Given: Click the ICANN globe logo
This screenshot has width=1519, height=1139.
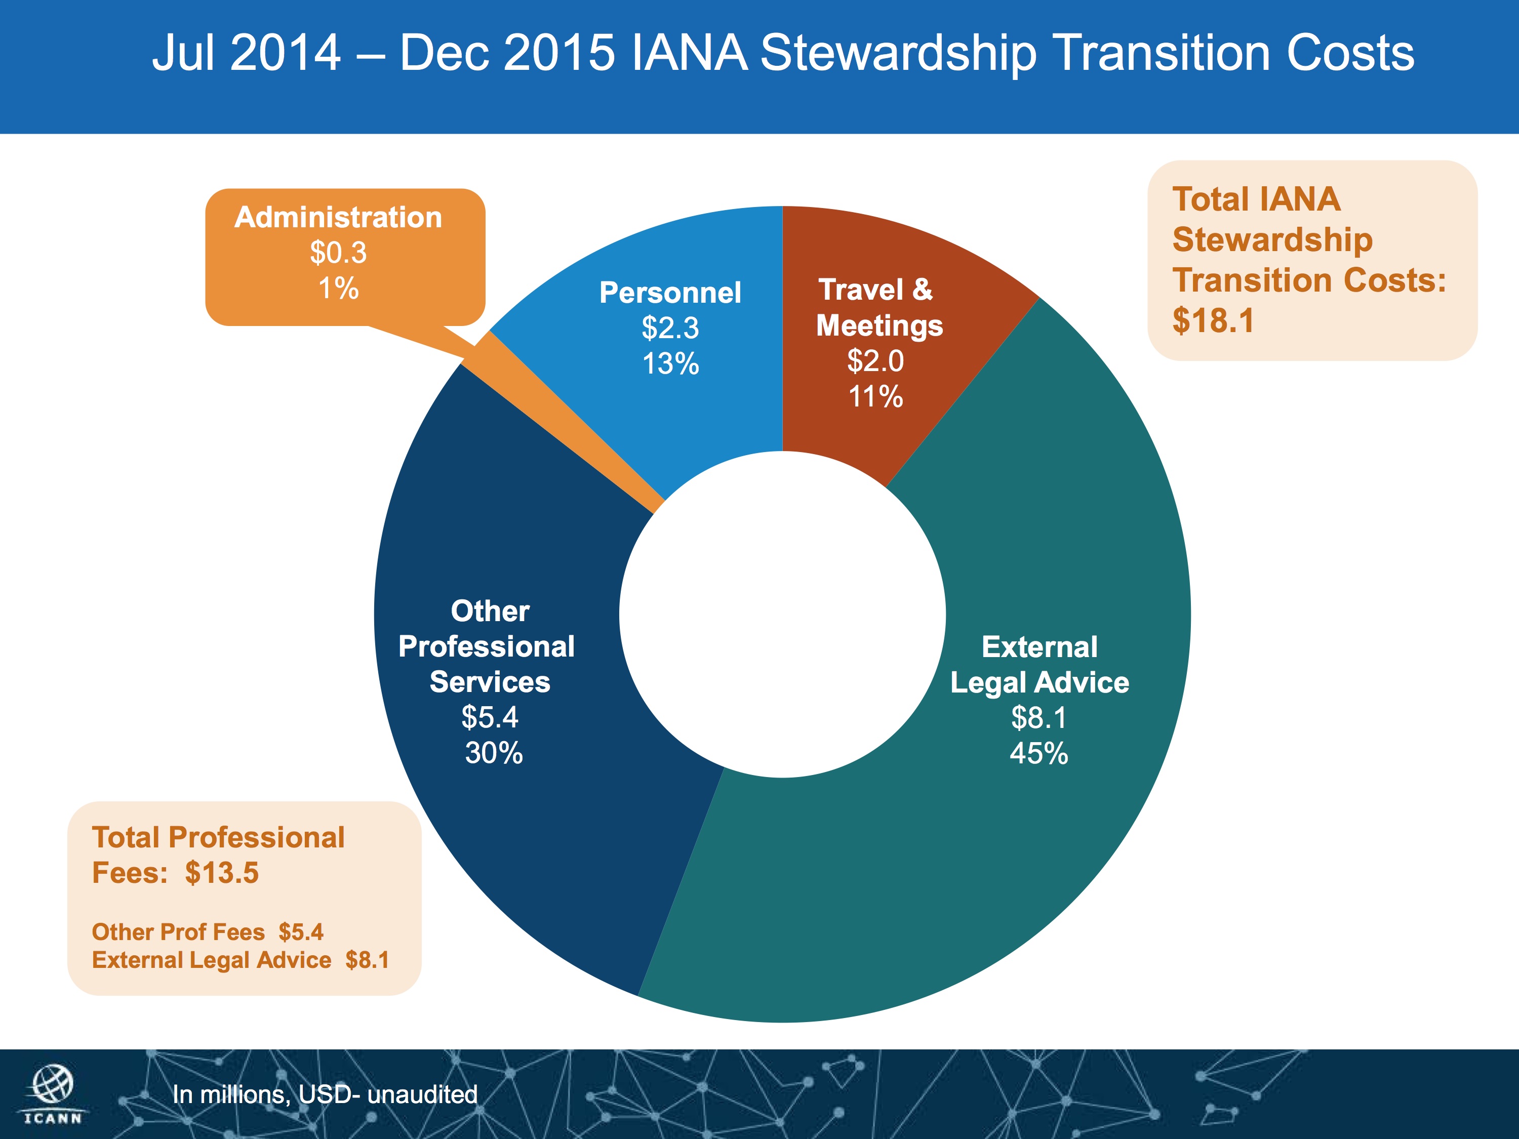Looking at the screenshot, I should (53, 1085).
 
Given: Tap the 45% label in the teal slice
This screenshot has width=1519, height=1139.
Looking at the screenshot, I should (1038, 753).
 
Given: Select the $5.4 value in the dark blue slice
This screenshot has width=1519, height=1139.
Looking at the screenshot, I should (490, 717).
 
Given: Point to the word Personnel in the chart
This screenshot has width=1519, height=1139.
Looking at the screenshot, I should (670, 293).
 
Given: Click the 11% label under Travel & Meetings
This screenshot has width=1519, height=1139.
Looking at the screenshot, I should (875, 396).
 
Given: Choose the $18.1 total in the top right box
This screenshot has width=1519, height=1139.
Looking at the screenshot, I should (1213, 320).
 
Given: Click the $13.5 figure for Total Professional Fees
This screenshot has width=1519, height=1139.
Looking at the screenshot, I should (222, 873).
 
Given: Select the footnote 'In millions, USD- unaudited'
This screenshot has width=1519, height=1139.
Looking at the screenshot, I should (325, 1093).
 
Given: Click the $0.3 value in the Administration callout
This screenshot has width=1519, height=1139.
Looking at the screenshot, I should (339, 252).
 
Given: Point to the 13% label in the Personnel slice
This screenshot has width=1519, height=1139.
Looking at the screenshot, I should (670, 363).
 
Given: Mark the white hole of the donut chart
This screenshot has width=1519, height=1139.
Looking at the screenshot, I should (782, 615).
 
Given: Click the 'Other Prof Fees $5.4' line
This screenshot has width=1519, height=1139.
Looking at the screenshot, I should (208, 931).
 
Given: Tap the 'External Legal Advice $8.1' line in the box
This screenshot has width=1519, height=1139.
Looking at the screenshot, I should (241, 960).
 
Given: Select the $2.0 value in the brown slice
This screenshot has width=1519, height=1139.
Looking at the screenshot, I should (875, 360).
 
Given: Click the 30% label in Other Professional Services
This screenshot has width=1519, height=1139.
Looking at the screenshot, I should (494, 753).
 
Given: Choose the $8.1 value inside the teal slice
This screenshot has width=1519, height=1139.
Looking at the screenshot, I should (1038, 717).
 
